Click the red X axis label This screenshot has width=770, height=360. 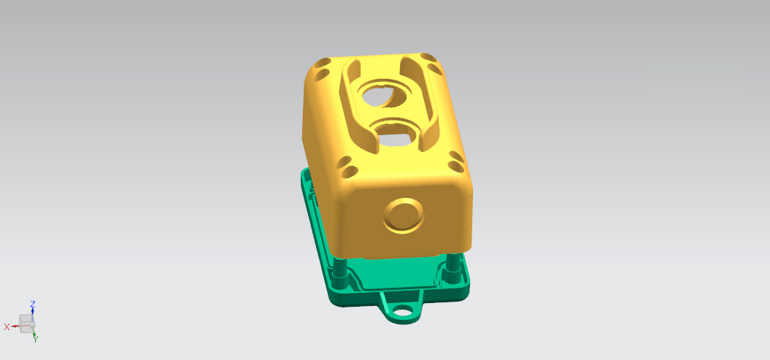[x=7, y=326]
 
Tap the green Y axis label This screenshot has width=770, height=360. [x=35, y=339]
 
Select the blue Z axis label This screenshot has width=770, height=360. [x=33, y=304]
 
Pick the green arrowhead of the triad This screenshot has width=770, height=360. [x=34, y=333]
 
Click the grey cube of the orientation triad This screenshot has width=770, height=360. [x=26, y=323]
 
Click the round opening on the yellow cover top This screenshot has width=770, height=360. [x=385, y=96]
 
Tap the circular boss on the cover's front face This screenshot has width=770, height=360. [x=404, y=215]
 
